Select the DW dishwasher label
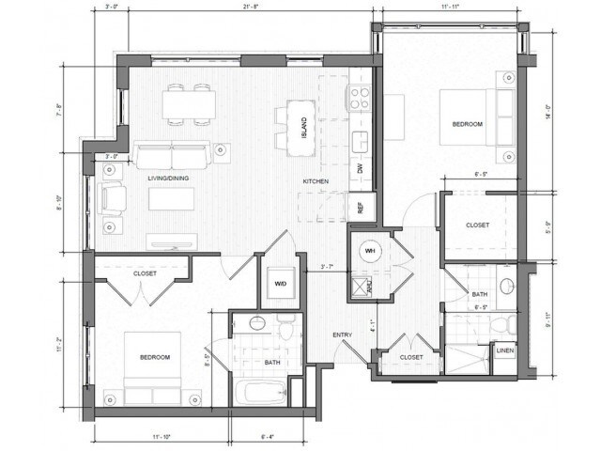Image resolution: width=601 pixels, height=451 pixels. tap(360, 169)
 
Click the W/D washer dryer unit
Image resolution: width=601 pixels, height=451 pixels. tap(279, 283)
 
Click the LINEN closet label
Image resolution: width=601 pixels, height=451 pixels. tap(504, 352)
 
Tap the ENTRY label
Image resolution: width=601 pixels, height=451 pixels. tap(341, 334)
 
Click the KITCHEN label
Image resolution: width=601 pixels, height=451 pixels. tap(315, 180)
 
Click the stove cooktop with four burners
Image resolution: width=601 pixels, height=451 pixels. tap(360, 97)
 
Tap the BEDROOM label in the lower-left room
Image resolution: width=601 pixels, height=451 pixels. tap(154, 357)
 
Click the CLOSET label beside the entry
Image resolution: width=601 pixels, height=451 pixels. tap(410, 357)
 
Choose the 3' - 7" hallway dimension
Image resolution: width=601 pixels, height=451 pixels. tap(328, 268)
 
